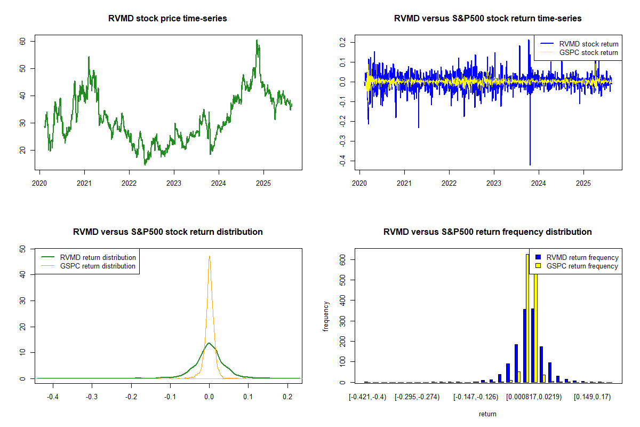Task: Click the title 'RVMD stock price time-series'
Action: click(x=168, y=19)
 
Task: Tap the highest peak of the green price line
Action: click(x=257, y=40)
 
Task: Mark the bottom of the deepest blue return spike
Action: click(x=530, y=165)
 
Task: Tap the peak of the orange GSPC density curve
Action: click(x=210, y=256)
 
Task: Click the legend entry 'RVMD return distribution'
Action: click(x=98, y=257)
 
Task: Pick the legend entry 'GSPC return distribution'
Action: click(x=98, y=266)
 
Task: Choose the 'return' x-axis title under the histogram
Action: click(x=487, y=414)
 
